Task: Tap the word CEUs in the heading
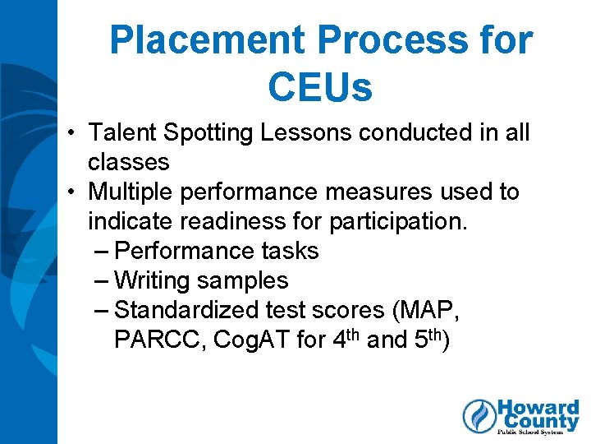319,88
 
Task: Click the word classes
128,162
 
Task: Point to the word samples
242,281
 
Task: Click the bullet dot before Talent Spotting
73,133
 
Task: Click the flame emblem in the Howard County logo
479,416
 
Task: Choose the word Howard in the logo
538,409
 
